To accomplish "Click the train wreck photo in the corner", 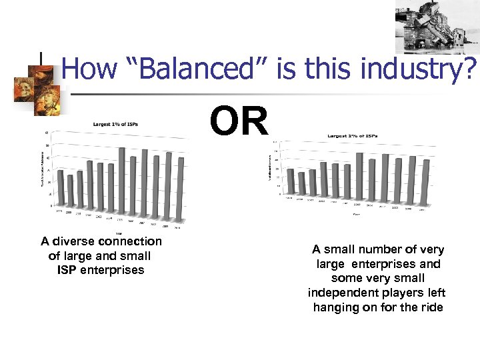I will point(437,29).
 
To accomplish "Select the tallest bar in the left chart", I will point(122,179).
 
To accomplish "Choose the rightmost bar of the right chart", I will point(427,181).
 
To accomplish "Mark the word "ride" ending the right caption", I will point(429,307).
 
